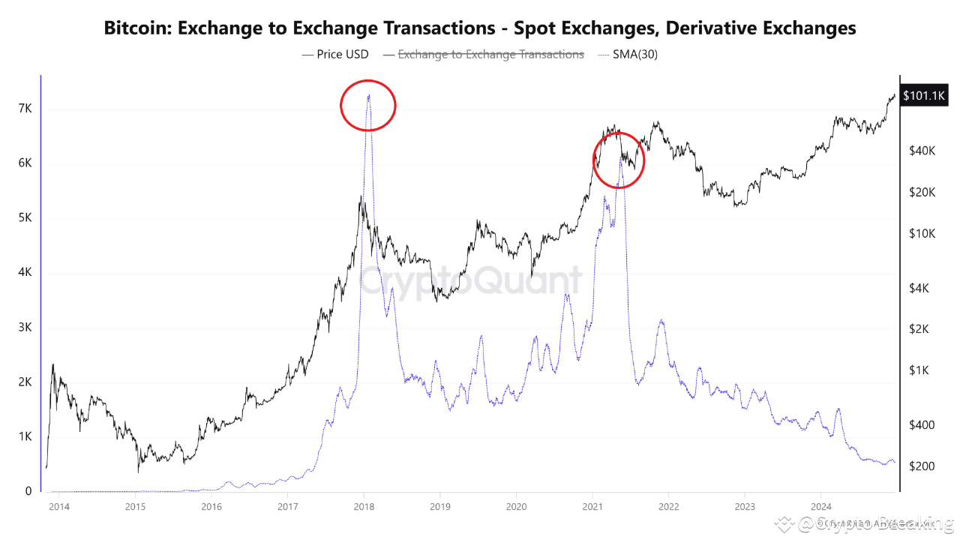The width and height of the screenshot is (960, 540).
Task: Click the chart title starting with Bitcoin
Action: click(480, 28)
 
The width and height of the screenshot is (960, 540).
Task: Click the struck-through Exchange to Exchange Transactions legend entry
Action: click(483, 54)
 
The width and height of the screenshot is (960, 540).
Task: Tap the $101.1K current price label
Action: click(924, 95)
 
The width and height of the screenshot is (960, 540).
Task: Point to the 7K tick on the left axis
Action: click(25, 109)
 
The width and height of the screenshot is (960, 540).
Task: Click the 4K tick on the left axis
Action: click(25, 273)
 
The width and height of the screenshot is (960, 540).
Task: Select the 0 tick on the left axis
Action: click(28, 491)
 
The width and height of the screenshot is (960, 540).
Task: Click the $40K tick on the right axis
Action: click(922, 151)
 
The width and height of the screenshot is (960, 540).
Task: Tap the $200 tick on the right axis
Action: click(921, 466)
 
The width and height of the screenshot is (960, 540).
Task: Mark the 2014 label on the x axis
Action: click(58, 506)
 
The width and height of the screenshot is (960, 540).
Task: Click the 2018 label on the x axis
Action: click(364, 506)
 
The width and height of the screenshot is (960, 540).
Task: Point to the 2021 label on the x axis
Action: click(592, 506)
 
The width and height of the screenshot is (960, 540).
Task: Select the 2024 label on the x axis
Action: click(820, 506)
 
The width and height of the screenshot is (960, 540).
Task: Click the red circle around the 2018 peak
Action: click(367, 106)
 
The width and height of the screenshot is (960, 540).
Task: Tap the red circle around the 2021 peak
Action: click(619, 160)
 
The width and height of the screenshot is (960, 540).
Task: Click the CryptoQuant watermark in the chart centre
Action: click(470, 280)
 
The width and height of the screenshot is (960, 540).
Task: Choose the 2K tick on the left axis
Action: click(25, 382)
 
